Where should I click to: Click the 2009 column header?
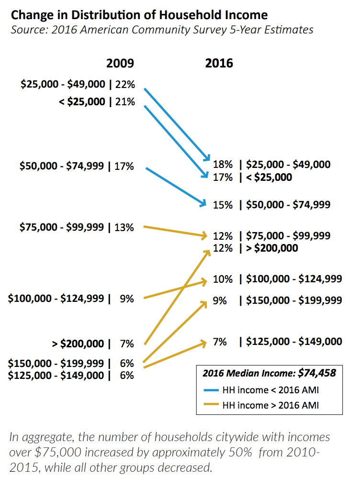point(120,63)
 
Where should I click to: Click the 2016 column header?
point(219,63)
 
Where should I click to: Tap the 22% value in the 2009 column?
point(125,85)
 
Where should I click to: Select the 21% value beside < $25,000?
point(125,101)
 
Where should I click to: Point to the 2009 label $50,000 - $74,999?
point(64,166)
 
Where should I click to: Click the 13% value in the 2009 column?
point(124,227)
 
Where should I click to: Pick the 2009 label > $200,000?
point(78,344)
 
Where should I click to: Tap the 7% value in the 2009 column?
point(127,344)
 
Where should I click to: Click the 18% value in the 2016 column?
point(223,165)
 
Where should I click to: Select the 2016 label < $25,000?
point(269,177)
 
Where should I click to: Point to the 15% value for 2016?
point(223,205)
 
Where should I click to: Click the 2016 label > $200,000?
point(272,248)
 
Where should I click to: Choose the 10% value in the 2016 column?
point(223,279)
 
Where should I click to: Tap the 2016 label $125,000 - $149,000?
point(294,341)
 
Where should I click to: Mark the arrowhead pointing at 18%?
point(207,158)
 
